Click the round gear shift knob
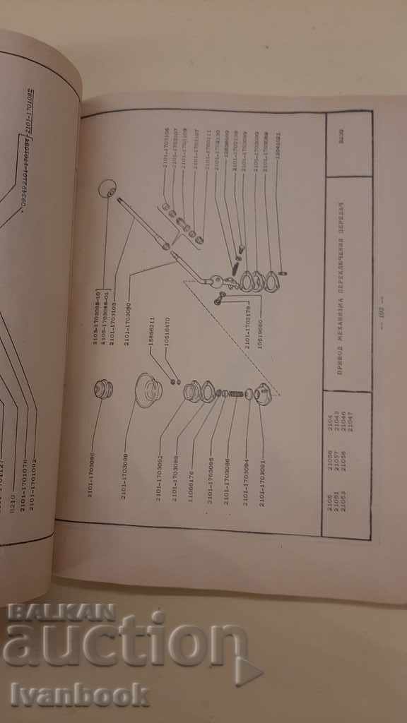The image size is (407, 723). [107, 190]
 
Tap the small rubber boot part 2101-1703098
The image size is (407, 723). [104, 388]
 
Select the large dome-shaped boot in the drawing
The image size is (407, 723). [147, 390]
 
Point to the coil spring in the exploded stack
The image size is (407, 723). [232, 393]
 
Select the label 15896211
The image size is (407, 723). [151, 333]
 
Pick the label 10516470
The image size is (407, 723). [167, 333]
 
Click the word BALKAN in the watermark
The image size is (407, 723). [61, 611]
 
